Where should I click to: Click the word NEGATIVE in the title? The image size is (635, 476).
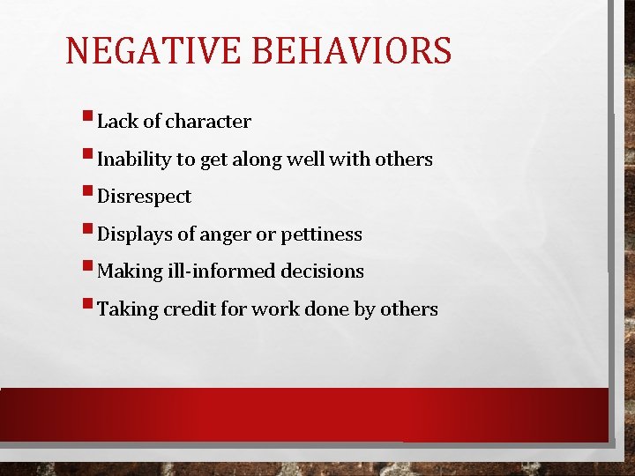(x=156, y=51)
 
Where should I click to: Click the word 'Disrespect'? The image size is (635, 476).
(x=144, y=197)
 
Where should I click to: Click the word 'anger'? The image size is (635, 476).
(x=224, y=235)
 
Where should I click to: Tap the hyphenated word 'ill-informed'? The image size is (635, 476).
(x=226, y=271)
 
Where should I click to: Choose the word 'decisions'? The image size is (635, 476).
(x=322, y=271)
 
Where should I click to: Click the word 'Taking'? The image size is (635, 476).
(x=125, y=310)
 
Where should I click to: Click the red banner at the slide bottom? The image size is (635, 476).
(x=304, y=414)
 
